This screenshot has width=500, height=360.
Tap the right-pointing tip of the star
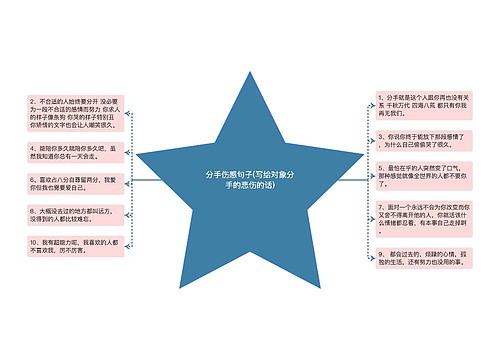point(365,156)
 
